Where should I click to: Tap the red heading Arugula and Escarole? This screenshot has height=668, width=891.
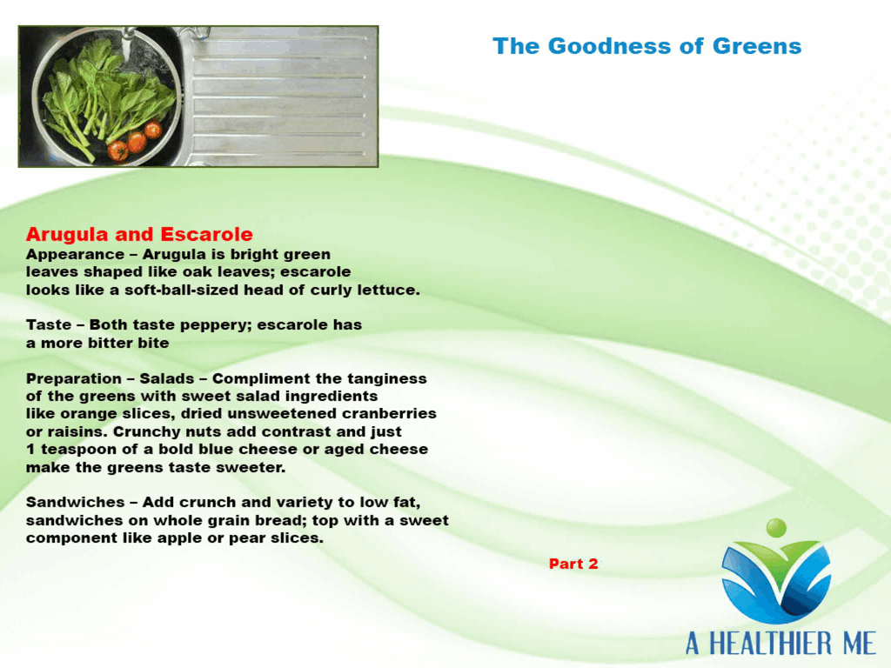click(139, 234)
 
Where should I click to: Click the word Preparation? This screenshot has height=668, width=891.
click(74, 379)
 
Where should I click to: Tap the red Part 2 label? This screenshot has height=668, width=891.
click(573, 564)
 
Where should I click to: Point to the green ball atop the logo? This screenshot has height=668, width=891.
click(776, 528)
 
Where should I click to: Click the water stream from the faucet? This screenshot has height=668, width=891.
click(127, 45)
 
